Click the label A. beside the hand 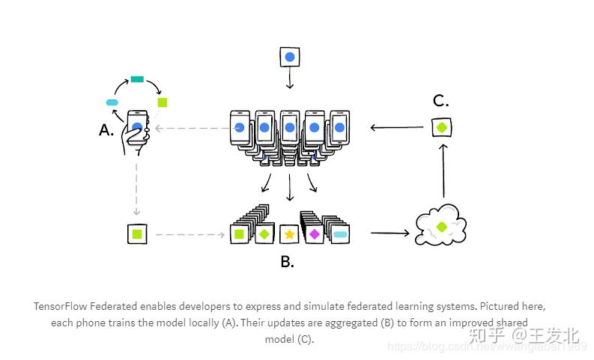pos(106,130)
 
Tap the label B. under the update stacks pos(287,262)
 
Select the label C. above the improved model pos(441,101)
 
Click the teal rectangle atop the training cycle pos(137,79)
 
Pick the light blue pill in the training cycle pos(113,103)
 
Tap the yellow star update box pos(289,234)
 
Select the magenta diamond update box pos(314,234)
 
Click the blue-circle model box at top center pos(290,56)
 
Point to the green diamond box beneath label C pos(442,127)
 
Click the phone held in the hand pos(137,127)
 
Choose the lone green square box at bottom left pos(137,234)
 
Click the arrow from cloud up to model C pos(443,171)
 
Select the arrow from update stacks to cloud pos(390,234)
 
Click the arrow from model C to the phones pos(397,127)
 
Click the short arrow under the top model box pos(290,81)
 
